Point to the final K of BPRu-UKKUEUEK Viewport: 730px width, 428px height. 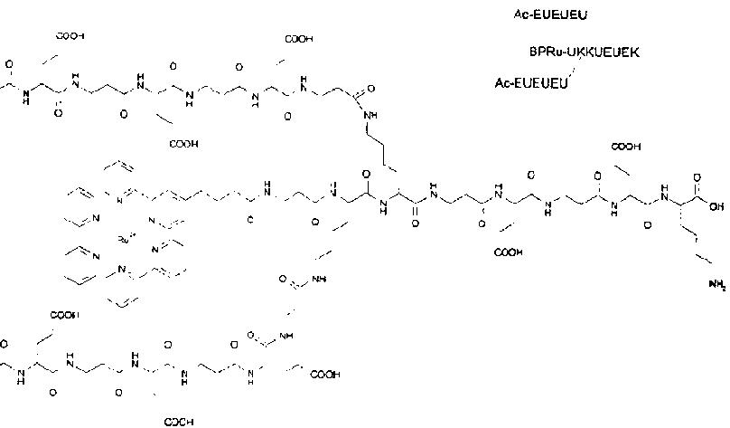(635, 52)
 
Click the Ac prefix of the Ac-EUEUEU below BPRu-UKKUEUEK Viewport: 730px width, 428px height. (503, 83)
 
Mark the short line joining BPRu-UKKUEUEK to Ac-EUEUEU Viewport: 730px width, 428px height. (572, 69)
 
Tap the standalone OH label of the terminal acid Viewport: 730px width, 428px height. (716, 206)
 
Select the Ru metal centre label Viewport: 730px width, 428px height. (125, 239)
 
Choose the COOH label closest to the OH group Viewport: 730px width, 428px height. (626, 146)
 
